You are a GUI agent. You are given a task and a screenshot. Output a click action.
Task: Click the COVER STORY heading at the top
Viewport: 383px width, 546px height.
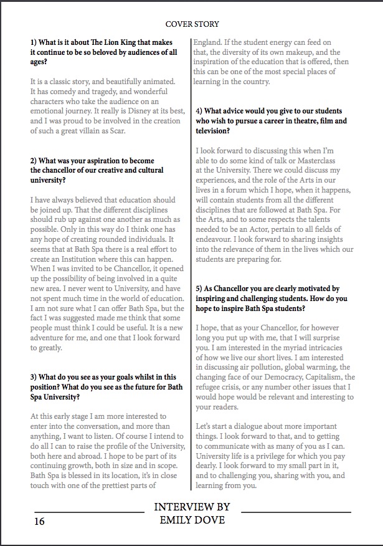coord(192,24)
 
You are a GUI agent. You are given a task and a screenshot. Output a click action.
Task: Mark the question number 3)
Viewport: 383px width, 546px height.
coord(35,377)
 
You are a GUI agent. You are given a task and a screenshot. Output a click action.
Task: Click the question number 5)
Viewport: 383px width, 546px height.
coord(201,289)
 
